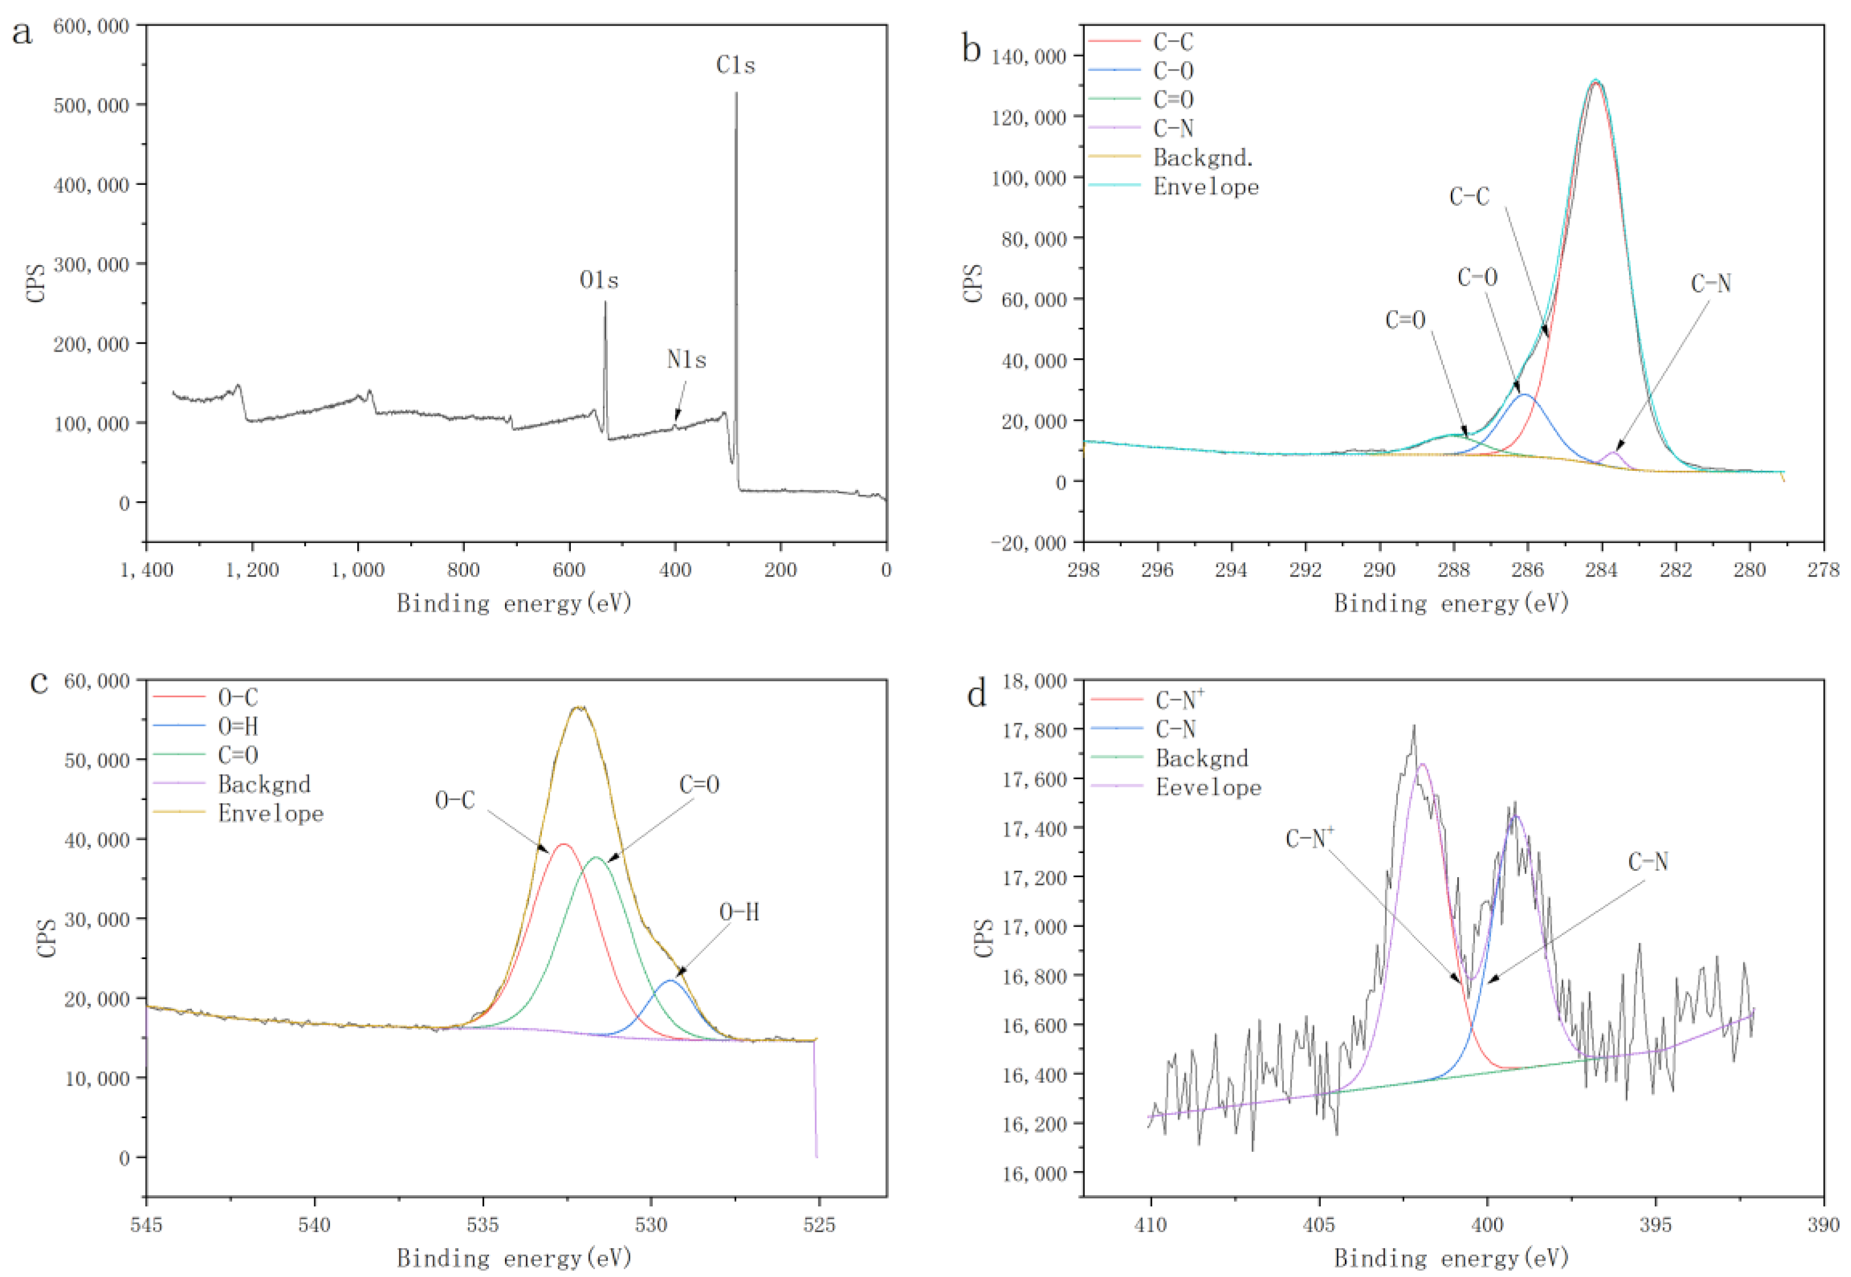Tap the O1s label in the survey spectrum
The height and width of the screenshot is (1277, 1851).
click(x=599, y=281)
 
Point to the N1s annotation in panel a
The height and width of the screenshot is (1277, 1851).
click(x=686, y=360)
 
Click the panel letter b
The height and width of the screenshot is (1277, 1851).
click(x=971, y=50)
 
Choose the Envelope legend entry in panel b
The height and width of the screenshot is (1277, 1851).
click(x=1205, y=187)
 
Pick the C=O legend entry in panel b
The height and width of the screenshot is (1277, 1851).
click(x=1173, y=100)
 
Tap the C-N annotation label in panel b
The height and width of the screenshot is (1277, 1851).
click(x=1711, y=284)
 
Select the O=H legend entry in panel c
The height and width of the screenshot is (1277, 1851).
click(x=238, y=726)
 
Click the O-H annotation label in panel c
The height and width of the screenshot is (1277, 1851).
click(x=739, y=912)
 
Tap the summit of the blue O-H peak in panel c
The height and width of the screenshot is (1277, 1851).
click(x=671, y=980)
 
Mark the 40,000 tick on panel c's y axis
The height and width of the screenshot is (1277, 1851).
click(x=96, y=839)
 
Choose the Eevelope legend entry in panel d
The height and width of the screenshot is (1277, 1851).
click(x=1207, y=788)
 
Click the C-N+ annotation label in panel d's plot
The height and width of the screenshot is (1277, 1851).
click(x=1309, y=839)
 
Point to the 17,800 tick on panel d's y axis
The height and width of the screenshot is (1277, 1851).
click(x=1035, y=730)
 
